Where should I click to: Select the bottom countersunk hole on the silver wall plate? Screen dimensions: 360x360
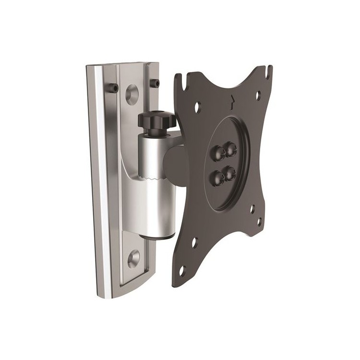click(x=133, y=258)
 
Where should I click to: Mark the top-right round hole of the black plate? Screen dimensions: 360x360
click(x=258, y=95)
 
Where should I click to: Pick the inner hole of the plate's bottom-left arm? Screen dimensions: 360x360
click(x=194, y=242)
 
